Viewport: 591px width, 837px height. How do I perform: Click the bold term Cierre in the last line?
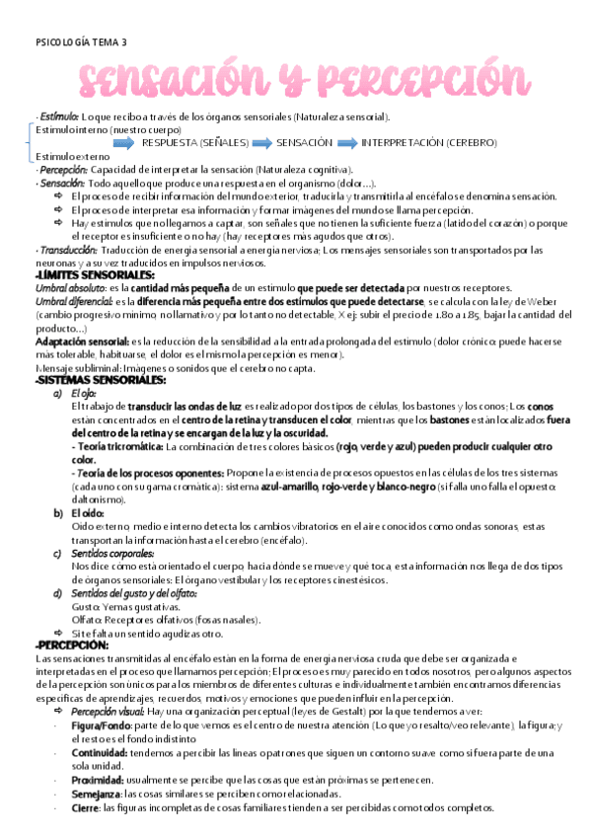point(85,807)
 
